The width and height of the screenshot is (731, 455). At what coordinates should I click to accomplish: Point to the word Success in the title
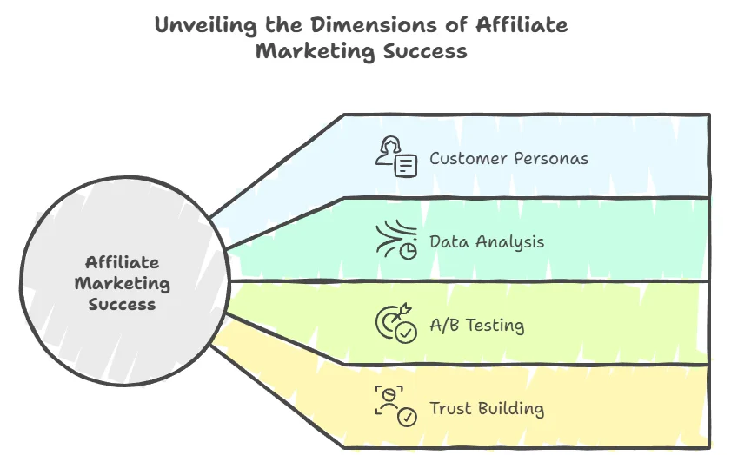(x=427, y=51)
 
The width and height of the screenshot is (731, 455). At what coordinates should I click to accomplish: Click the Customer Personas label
(x=508, y=159)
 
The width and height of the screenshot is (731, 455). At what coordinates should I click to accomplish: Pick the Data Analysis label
(x=487, y=242)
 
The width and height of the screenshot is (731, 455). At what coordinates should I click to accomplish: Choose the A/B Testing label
(x=477, y=326)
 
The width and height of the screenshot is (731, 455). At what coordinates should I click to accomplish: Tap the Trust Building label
(x=487, y=408)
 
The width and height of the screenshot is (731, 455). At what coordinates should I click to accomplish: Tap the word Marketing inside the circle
(x=122, y=283)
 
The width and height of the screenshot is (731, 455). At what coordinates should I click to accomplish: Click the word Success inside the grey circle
(x=122, y=304)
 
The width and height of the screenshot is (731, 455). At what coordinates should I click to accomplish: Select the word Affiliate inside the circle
(x=122, y=262)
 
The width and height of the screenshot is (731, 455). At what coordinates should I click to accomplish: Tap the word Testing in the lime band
(x=495, y=326)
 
